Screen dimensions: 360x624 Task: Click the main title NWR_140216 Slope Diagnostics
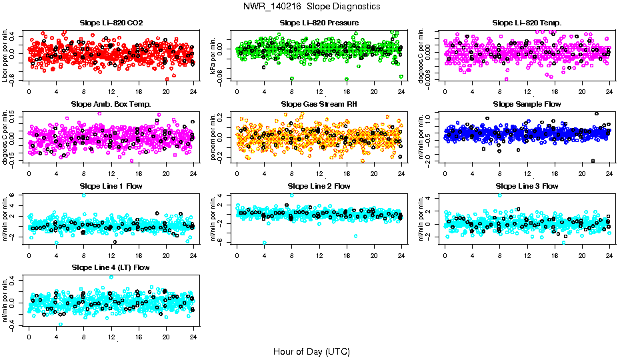[x=312, y=6]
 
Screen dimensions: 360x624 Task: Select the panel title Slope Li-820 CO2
[x=111, y=23]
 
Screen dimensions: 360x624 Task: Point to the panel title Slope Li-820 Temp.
[x=527, y=23]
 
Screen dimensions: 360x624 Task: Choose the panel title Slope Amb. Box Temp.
[x=111, y=104]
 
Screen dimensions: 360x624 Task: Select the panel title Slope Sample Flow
[x=527, y=104]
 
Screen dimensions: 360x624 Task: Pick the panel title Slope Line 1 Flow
[x=111, y=186]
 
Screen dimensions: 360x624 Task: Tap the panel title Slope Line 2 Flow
[x=319, y=186]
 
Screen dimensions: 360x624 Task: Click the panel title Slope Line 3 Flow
[x=527, y=186]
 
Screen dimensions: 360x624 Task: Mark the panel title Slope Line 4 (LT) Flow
[x=111, y=267]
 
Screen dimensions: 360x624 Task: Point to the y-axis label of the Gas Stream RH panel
[x=214, y=137]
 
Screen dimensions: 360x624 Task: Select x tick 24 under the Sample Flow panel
[x=609, y=173]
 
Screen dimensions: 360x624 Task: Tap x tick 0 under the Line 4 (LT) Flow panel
[x=29, y=336]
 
